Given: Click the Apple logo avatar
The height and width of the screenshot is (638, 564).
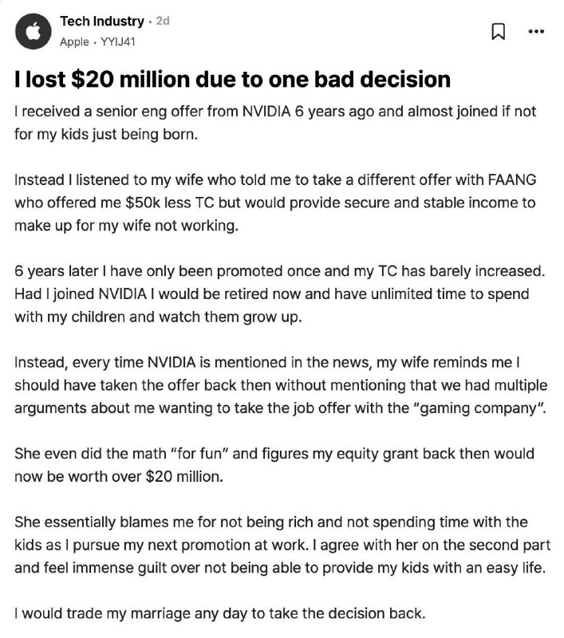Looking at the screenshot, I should coord(34,31).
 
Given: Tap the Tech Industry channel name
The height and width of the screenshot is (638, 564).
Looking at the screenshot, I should coord(102,22).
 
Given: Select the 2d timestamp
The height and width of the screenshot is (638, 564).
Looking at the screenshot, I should coord(162,22).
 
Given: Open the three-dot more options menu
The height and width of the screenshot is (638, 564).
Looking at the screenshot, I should coord(536,32).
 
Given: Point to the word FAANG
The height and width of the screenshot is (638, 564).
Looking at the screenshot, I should coord(496,180).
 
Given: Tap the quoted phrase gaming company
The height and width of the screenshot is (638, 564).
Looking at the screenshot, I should coord(459,408).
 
